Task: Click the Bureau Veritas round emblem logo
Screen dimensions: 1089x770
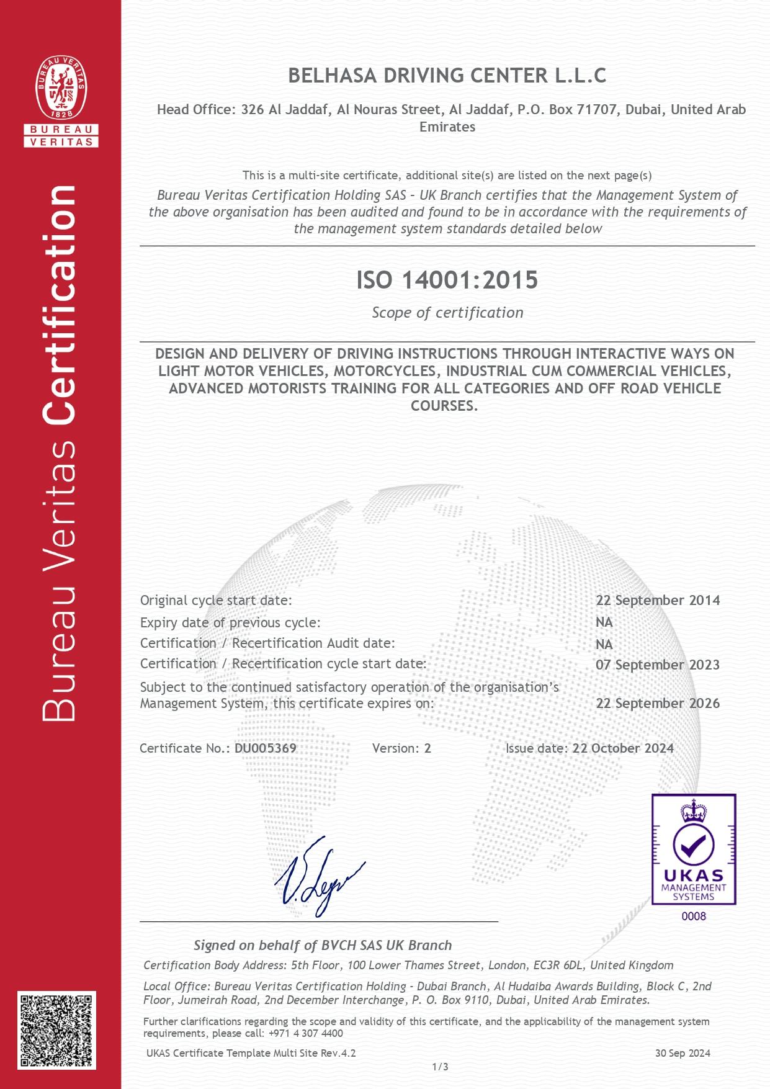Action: [x=61, y=87]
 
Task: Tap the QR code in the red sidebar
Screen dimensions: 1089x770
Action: [x=56, y=1031]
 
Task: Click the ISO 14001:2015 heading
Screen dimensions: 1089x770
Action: [x=447, y=280]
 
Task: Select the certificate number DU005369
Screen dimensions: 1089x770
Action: [x=266, y=748]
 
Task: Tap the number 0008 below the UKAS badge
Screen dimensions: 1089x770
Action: [x=694, y=916]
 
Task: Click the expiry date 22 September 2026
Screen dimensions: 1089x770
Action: [x=658, y=704]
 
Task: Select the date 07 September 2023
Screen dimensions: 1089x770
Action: [x=658, y=665]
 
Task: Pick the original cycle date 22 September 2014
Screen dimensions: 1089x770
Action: [x=658, y=601]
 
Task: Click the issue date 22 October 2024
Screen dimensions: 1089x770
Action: [x=623, y=748]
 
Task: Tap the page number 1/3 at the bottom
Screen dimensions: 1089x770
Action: [x=440, y=1067]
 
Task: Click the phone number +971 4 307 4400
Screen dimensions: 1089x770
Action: [x=305, y=1033]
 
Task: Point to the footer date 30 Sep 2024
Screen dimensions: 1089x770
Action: [x=683, y=1053]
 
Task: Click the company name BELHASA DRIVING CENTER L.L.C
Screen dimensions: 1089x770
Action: [x=447, y=76]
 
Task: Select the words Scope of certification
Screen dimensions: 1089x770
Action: [x=447, y=313]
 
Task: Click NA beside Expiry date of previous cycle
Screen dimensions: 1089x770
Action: [x=604, y=622]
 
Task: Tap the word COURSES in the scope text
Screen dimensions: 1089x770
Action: [x=443, y=406]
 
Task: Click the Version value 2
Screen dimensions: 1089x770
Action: [x=428, y=748]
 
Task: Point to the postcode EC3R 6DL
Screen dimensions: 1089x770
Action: [x=557, y=966]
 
